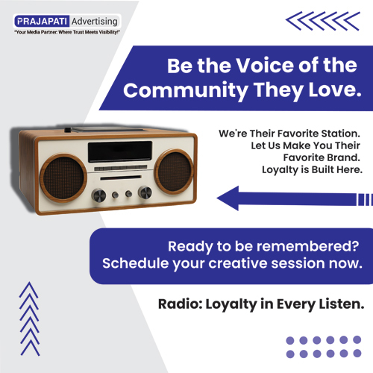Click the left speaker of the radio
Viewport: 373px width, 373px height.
[x=60, y=176]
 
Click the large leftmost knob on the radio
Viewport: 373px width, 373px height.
[x=99, y=196]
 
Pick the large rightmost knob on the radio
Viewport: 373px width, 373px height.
[x=144, y=194]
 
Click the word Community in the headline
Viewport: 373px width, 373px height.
[x=186, y=91]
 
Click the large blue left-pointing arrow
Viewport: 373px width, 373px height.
[x=291, y=198]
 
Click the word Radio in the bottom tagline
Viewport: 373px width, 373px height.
[x=177, y=304]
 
